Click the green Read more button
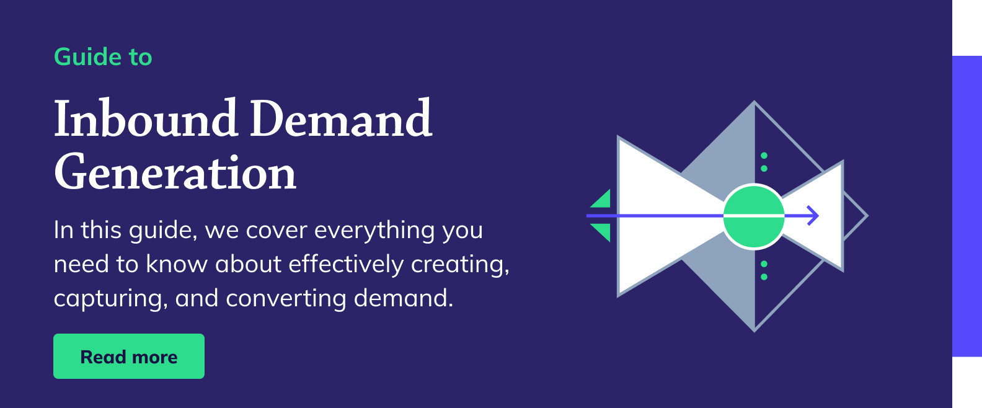point(128,357)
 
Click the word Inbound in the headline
point(146,118)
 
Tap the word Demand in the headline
point(340,118)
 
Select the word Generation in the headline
point(175,173)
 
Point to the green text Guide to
point(103,57)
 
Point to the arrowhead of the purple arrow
point(815,216)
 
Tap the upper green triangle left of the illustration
point(602,200)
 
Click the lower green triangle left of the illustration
point(602,231)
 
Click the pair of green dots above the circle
point(764,162)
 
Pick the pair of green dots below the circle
point(764,270)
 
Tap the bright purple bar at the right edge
point(967,206)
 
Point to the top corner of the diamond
point(754,103)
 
